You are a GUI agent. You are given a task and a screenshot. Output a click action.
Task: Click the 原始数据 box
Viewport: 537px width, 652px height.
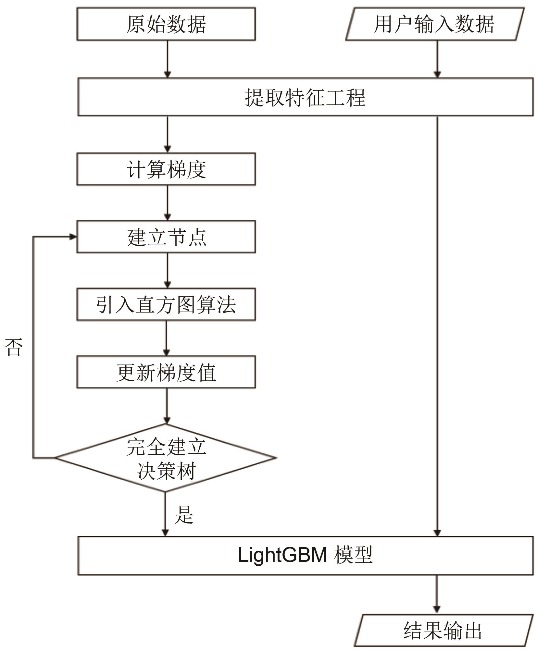(x=166, y=24)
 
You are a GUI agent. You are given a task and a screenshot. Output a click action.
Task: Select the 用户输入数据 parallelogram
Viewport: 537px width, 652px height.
(x=434, y=24)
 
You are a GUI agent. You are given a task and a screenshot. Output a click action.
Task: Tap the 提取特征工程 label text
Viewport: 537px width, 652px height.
(x=305, y=97)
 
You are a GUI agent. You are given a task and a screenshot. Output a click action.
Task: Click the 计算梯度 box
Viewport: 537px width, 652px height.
(x=166, y=169)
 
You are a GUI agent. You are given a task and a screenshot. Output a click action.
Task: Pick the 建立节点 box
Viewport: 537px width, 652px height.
(x=166, y=237)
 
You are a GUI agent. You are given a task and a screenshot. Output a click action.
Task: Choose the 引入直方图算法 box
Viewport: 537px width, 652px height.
(x=166, y=305)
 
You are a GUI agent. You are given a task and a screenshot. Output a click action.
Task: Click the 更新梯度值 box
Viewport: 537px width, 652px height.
(x=166, y=372)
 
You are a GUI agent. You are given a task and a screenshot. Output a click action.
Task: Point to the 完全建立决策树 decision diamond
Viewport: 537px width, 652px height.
(x=166, y=458)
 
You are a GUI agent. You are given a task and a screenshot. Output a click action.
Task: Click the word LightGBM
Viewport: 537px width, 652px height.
(x=282, y=555)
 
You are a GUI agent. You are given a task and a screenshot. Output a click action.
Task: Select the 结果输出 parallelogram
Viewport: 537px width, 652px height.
(x=443, y=630)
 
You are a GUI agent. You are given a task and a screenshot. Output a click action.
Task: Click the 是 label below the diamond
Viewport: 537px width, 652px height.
(x=184, y=514)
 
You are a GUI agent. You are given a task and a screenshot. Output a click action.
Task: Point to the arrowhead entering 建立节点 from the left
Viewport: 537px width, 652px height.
(x=73, y=237)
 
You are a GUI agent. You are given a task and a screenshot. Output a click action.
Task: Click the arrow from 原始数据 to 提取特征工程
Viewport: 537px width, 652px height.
(x=167, y=59)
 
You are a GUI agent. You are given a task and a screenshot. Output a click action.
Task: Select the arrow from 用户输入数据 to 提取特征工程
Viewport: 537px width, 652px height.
(x=437, y=59)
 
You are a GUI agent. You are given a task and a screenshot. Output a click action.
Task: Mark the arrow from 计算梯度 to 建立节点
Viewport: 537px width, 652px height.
(x=167, y=203)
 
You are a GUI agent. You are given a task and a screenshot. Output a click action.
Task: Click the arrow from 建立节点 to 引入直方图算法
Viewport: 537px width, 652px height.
(x=167, y=271)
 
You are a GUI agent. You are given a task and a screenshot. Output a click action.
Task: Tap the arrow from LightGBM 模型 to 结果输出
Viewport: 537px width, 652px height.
(x=437, y=594)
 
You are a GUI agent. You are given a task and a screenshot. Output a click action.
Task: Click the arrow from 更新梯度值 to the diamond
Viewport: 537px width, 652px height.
(x=167, y=406)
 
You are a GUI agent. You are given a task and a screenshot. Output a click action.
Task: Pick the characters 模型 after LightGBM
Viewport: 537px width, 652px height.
(x=353, y=555)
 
